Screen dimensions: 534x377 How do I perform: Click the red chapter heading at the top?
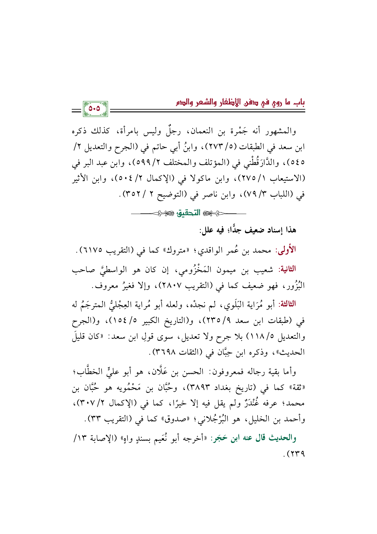point(240,103)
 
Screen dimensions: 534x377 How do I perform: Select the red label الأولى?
point(285,251)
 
